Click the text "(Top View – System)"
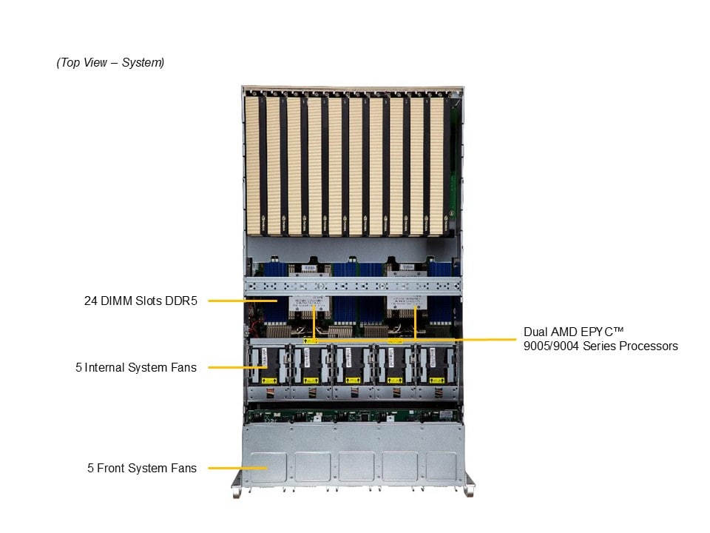pyautogui.click(x=110, y=63)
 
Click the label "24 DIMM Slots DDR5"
pyautogui.click(x=141, y=301)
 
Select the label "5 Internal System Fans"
pyautogui.click(x=136, y=367)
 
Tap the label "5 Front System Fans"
pyautogui.click(x=142, y=468)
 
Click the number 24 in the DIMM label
pyautogui.click(x=90, y=301)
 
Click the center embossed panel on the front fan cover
pyautogui.click(x=356, y=466)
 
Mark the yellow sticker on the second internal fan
pyautogui.click(x=311, y=381)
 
